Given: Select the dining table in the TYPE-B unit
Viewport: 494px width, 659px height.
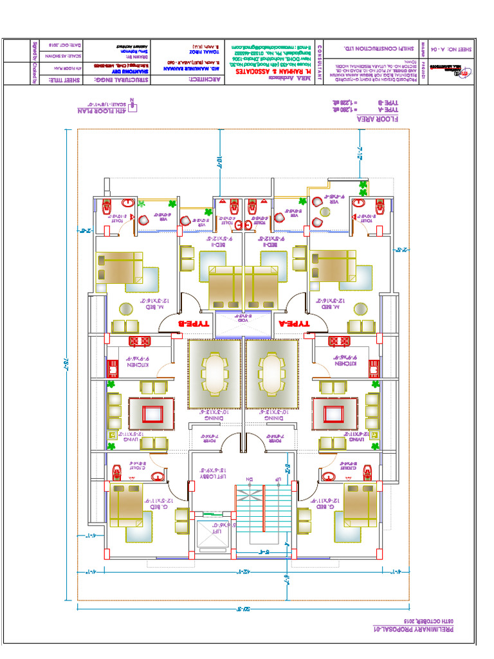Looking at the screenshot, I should coord(214,372).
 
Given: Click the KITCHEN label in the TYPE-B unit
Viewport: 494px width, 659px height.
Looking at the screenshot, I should coord(139,365).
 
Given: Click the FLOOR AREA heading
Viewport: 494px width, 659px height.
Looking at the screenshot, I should coord(384,119).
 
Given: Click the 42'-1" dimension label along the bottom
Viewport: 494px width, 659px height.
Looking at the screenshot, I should coord(245,571).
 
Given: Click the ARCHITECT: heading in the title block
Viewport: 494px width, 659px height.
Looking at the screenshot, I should coord(206,80).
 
